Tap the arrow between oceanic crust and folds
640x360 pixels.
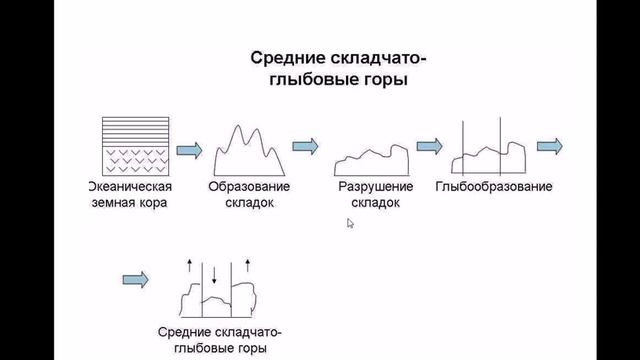pyautogui.click(x=187, y=149)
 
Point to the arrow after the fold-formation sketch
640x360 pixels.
pyautogui.click(x=306, y=145)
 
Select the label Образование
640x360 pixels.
pyautogui.click(x=249, y=188)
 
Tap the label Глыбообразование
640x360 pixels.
pyautogui.click(x=494, y=187)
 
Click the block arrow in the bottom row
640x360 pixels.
pyautogui.click(x=134, y=278)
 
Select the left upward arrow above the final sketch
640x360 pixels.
pyautogui.click(x=190, y=265)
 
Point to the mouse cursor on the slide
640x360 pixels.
pyautogui.click(x=350, y=224)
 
